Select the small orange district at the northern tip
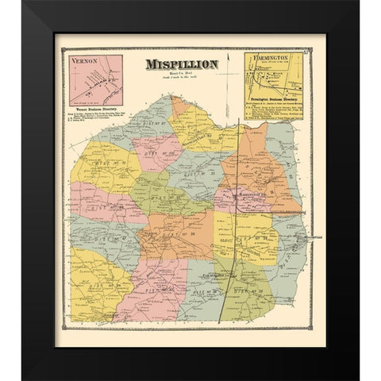tap(182, 106)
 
